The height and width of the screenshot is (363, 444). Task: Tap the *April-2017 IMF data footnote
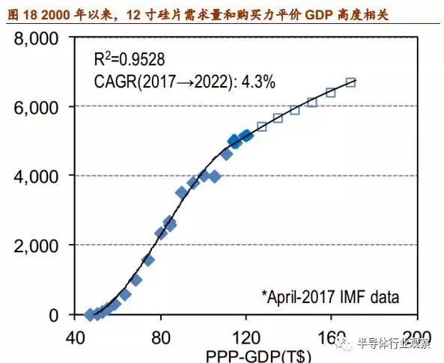click(x=330, y=296)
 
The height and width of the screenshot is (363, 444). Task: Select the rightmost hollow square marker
click(x=350, y=82)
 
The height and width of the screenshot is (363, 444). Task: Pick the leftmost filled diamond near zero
click(x=90, y=315)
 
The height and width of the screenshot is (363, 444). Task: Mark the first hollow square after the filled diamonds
click(x=261, y=126)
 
